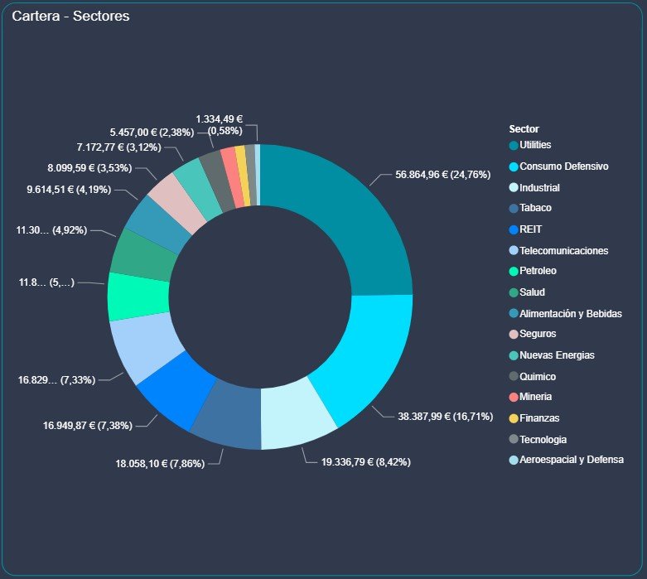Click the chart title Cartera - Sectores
click(70, 17)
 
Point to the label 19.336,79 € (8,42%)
click(365, 461)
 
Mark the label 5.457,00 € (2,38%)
click(152, 132)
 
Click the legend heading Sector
click(524, 129)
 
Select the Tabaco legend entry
click(535, 208)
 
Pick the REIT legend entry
click(530, 229)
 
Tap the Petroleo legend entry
click(538, 271)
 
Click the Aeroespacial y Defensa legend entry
click(571, 460)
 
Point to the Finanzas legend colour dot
click(514, 417)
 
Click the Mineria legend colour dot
click(514, 397)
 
